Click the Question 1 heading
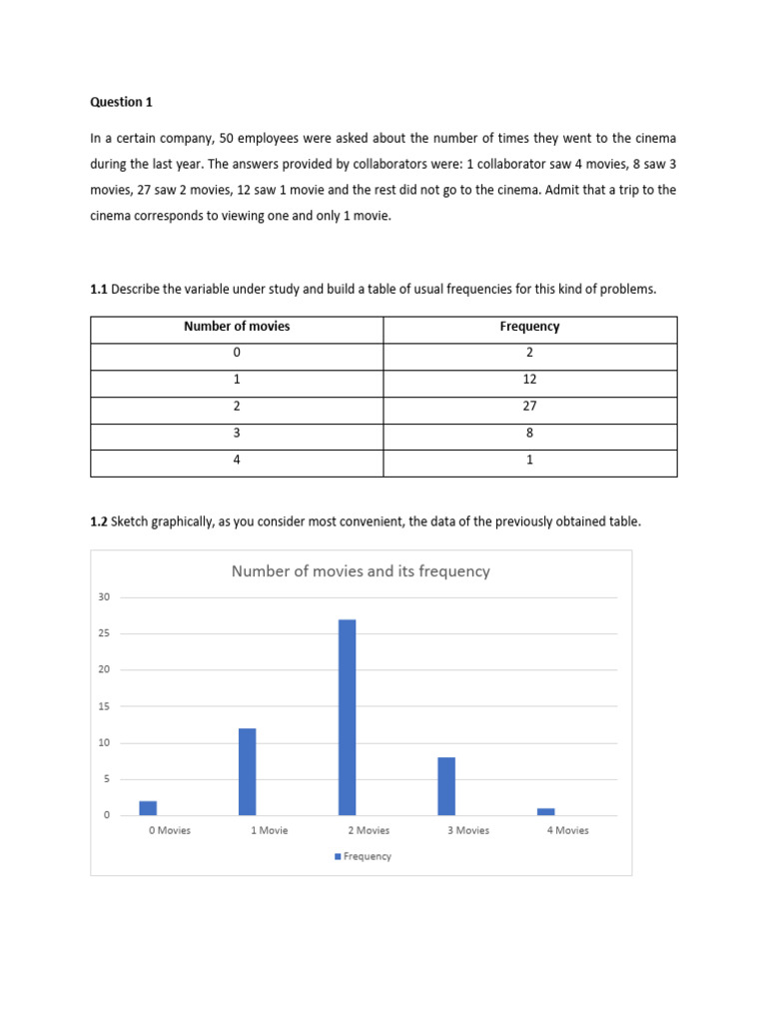122,102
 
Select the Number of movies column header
237,327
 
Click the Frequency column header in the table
529,327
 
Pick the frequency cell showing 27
529,407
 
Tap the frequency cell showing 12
529,380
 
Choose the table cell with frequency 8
529,434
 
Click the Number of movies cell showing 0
237,353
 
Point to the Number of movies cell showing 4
237,461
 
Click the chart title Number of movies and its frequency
361,571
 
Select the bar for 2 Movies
347,717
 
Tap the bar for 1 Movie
247,771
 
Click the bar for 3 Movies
446,786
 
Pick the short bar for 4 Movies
545,811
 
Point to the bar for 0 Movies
148,808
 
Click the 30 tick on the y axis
104,597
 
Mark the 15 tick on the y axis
104,706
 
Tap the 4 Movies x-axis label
567,830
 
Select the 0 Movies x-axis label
168,830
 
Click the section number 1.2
99,520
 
